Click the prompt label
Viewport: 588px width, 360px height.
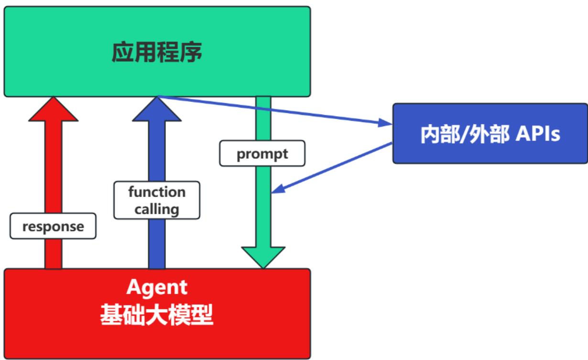pos(262,153)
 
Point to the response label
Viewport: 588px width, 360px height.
pos(53,226)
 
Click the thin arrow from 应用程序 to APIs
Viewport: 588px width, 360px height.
pos(272,111)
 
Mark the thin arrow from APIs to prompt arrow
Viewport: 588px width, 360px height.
pos(335,167)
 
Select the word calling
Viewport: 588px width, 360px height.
pos(156,209)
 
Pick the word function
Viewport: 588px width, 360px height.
pos(156,193)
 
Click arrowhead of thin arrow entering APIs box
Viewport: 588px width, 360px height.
pos(385,124)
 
